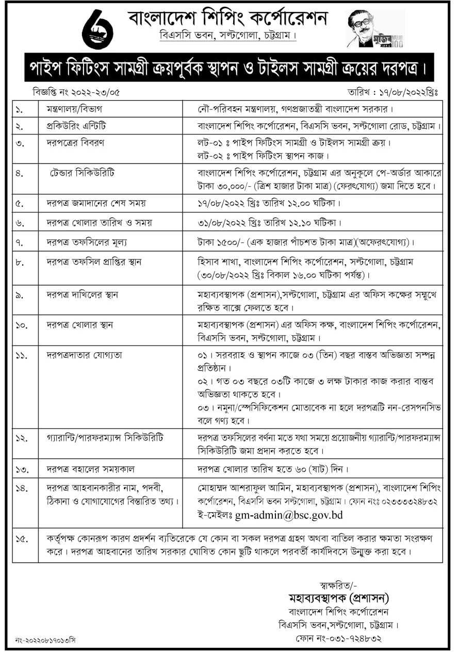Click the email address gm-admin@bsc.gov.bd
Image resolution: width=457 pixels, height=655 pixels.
(289, 515)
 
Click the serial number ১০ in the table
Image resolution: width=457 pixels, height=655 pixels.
(21, 325)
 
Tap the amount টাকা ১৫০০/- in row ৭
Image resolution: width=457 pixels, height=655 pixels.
(219, 241)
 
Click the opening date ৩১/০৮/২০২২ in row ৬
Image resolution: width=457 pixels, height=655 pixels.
(221, 223)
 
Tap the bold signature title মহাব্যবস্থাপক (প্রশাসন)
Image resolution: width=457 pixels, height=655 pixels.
(338, 598)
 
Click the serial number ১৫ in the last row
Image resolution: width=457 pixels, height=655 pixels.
(21, 539)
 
